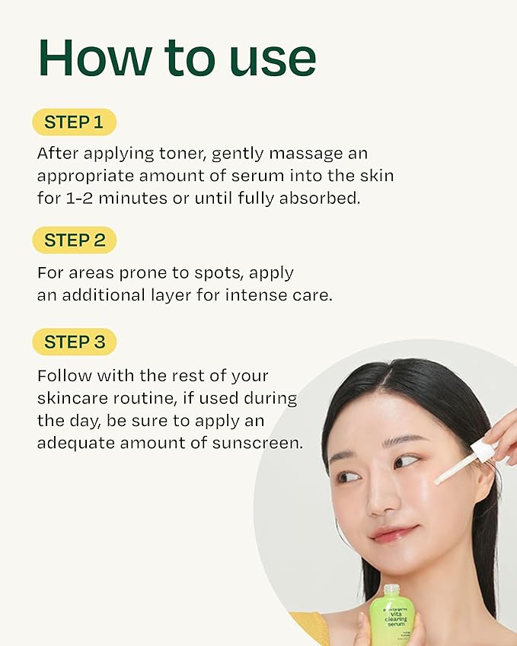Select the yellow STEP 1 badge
click(74, 123)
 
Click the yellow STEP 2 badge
click(75, 240)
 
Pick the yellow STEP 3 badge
click(75, 342)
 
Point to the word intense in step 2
click(256, 295)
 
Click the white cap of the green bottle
click(391, 590)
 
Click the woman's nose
click(372, 495)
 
